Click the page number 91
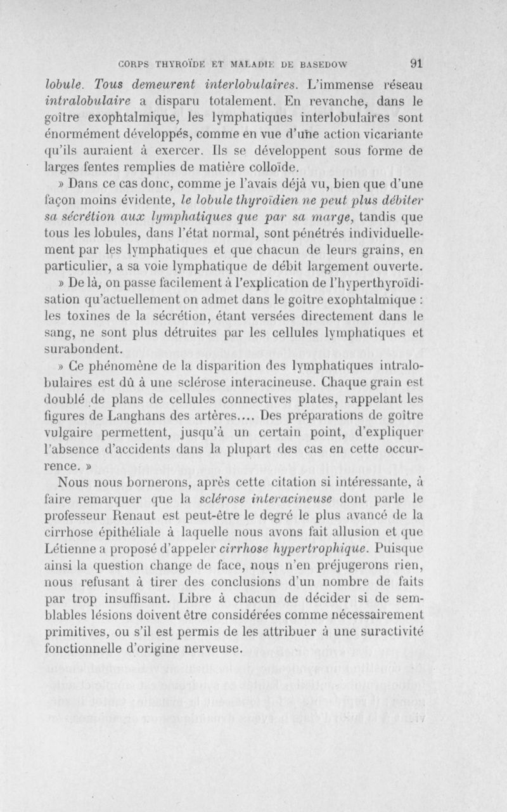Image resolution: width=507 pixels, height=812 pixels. (x=416, y=63)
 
